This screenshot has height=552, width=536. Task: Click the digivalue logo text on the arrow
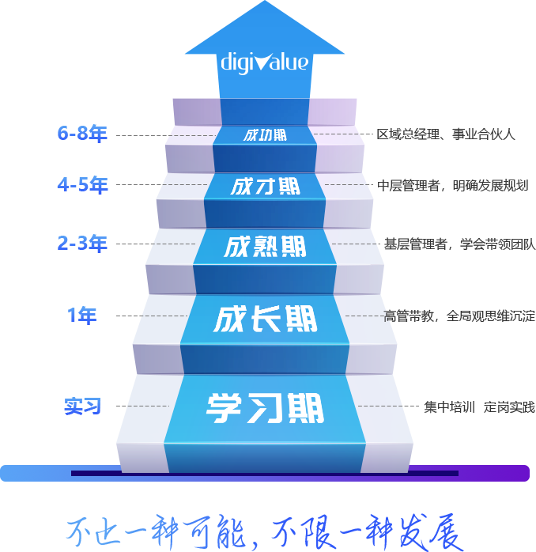click(x=265, y=61)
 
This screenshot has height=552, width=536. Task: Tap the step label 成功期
click(x=265, y=135)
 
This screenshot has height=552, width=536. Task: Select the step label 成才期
click(x=265, y=187)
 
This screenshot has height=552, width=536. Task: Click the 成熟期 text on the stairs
click(x=265, y=247)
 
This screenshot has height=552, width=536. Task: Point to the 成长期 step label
click(x=265, y=319)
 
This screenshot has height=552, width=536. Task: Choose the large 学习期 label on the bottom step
click(x=265, y=409)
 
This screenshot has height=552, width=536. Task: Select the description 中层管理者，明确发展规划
click(x=452, y=186)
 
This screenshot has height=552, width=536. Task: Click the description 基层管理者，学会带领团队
click(x=459, y=244)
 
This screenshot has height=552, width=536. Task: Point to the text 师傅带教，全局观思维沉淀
click(x=459, y=316)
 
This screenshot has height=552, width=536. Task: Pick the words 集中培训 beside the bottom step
click(x=448, y=407)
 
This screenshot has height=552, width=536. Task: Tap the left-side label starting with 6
click(x=82, y=134)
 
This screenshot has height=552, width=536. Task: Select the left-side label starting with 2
click(x=82, y=244)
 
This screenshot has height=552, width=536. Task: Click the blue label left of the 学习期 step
click(x=82, y=406)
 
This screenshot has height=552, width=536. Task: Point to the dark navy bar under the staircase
click(x=265, y=473)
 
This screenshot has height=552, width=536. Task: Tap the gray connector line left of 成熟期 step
click(x=158, y=244)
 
